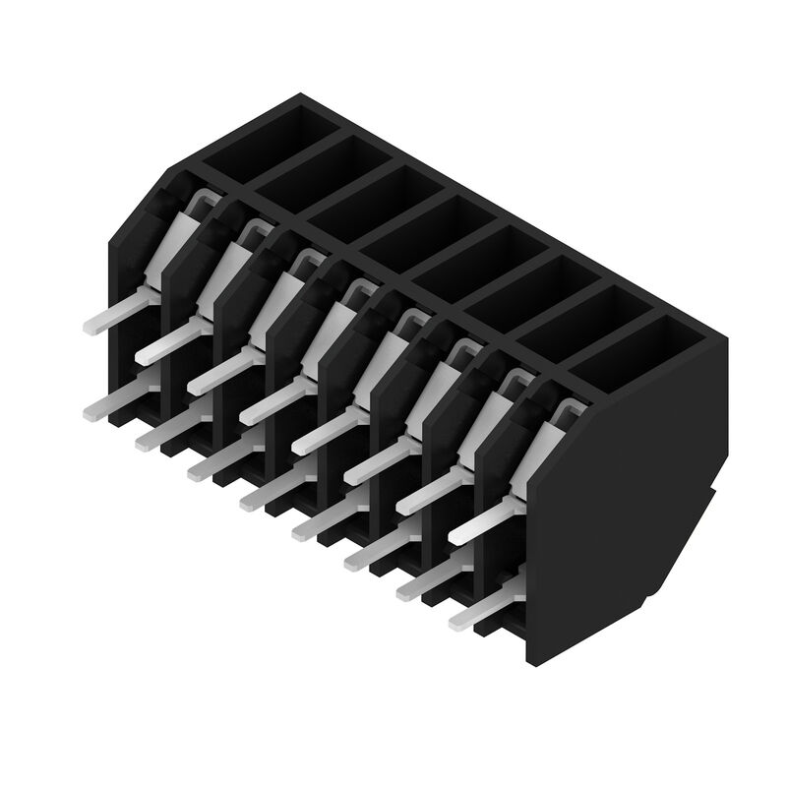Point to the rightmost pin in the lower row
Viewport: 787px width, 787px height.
(x=472, y=615)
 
